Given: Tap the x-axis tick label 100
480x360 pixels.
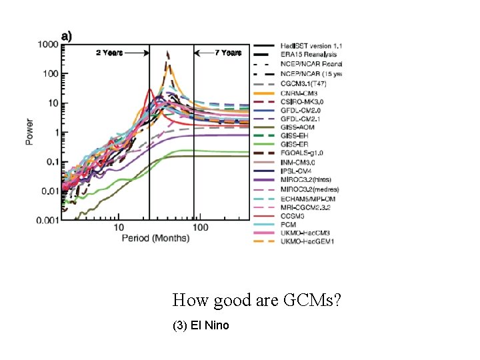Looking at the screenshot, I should click(x=200, y=228).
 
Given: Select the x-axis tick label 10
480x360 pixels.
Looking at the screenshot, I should click(x=118, y=228).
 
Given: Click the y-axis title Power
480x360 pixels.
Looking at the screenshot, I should click(x=29, y=132).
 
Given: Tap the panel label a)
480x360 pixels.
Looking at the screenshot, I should click(x=67, y=35).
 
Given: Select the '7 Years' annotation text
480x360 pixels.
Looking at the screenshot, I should click(x=227, y=53).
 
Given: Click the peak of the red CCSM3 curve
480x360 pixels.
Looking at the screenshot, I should click(x=150, y=89).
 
